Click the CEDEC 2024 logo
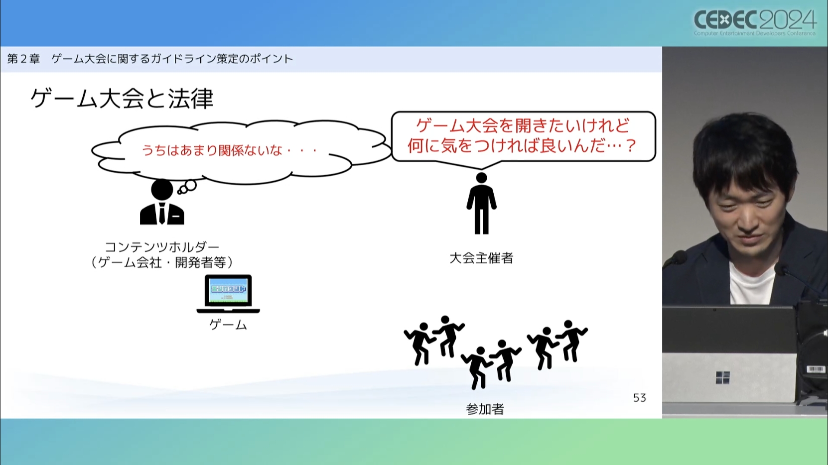coord(755,22)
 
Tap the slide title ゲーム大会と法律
coord(122,98)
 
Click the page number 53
coord(640,398)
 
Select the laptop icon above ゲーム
coord(228,294)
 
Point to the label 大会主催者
coord(481,258)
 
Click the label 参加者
coord(485,409)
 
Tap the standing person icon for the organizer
coord(481,204)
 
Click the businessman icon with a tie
coord(162,202)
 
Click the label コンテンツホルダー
coord(162,247)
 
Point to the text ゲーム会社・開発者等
coord(162,262)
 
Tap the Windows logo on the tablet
coord(723,377)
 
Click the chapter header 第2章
coord(23,59)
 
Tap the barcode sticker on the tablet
coord(815,370)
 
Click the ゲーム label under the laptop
coord(228,325)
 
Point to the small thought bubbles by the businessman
coord(187,187)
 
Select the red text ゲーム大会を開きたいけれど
coord(523,126)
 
